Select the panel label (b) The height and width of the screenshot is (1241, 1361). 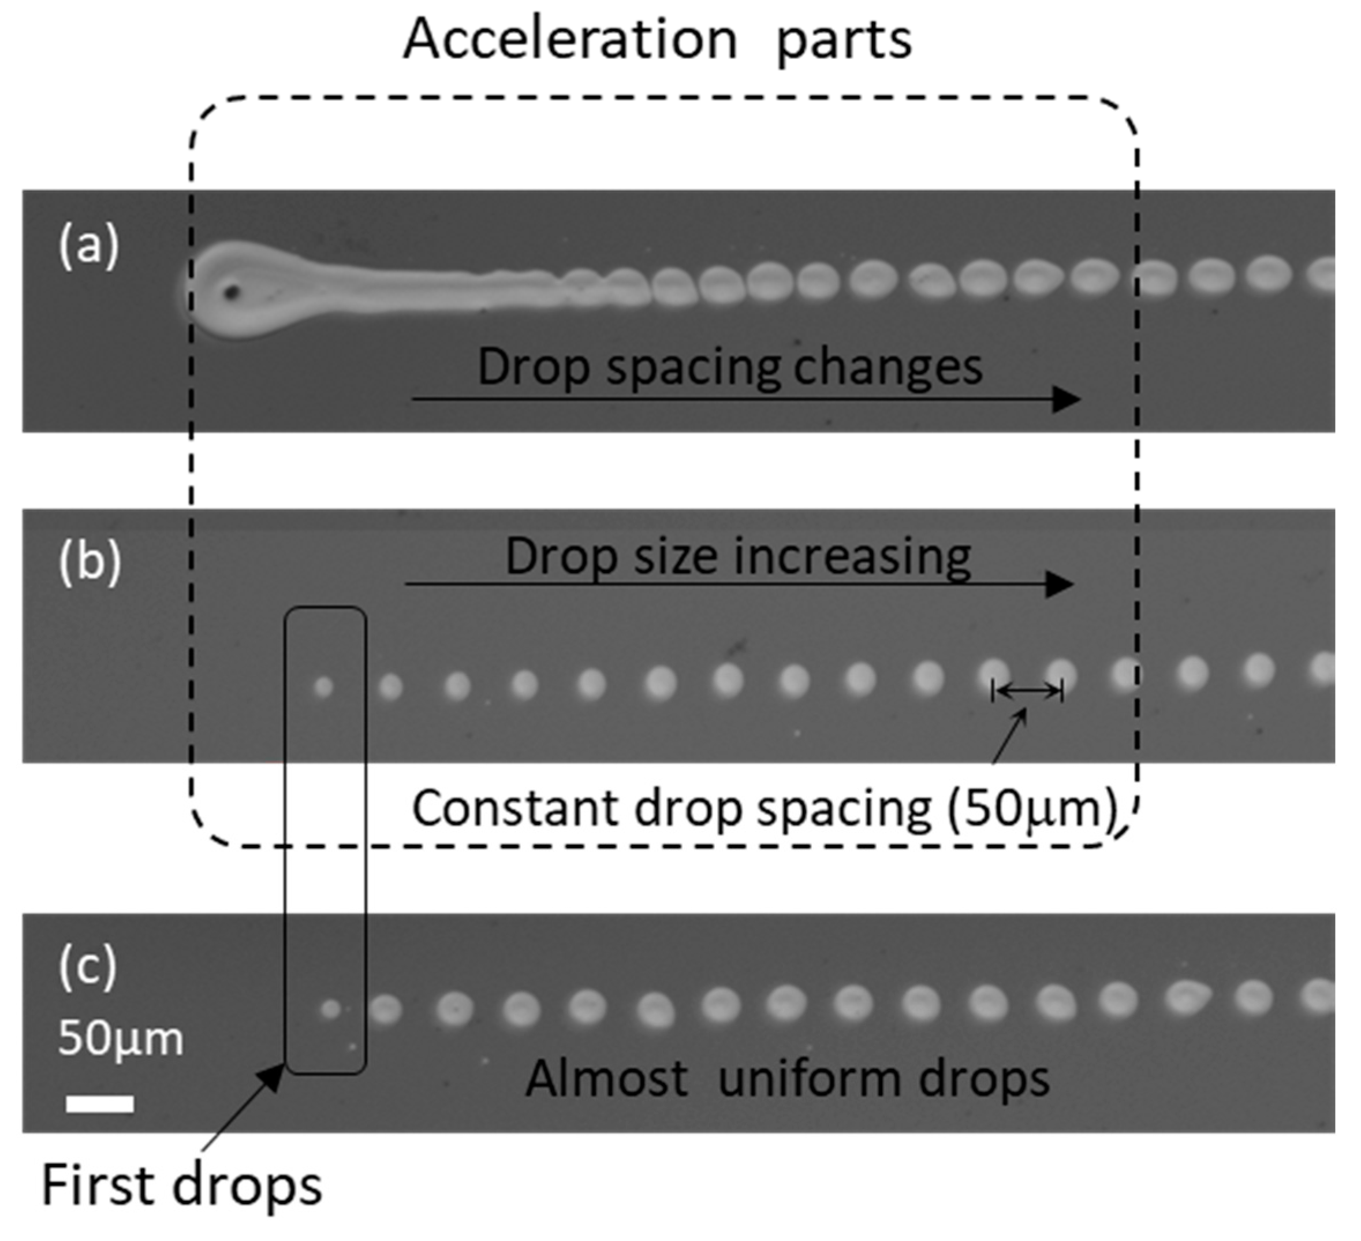coord(90,562)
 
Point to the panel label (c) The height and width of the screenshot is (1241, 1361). coord(88,967)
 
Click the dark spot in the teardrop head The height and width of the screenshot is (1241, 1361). coord(232,292)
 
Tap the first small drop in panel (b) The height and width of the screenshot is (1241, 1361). coord(324,687)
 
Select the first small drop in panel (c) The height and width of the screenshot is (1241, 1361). coord(330,1009)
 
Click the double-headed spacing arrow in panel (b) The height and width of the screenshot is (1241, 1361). coord(1027,690)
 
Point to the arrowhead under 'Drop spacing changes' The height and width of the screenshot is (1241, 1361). coord(1067,399)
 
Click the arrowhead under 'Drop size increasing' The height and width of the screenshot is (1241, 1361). coord(1060,584)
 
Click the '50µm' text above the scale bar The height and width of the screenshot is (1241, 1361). coord(120,1038)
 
